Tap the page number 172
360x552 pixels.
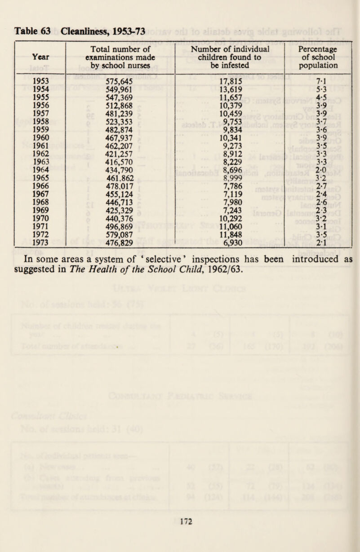click(179, 521)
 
